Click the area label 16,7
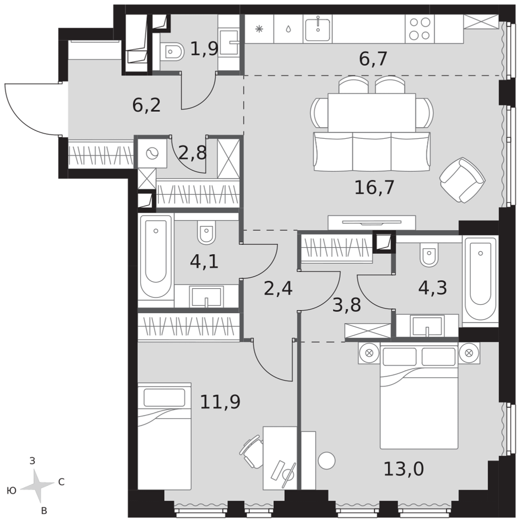point(374,187)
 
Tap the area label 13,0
point(403,469)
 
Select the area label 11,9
point(220,401)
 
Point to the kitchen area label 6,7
point(373,59)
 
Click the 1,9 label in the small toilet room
point(204,49)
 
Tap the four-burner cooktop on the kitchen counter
point(420,29)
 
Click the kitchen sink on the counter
point(318,29)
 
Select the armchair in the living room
point(462,180)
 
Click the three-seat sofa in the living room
point(372,151)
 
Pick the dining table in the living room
point(372,112)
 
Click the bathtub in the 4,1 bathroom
point(156,257)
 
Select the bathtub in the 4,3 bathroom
point(480,280)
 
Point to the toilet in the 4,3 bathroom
point(429,254)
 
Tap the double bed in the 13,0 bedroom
point(419,396)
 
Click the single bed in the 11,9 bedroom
point(164,436)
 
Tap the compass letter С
point(61,482)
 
